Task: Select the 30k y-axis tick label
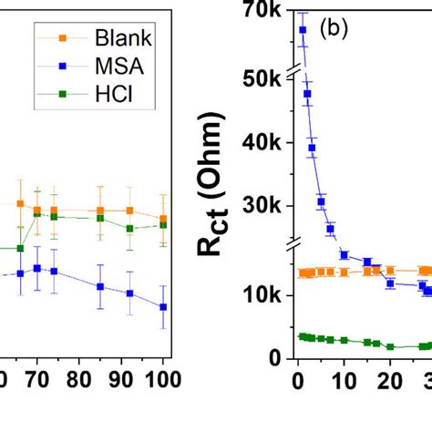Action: (x=264, y=206)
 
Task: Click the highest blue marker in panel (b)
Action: (x=303, y=30)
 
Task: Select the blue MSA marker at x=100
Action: (x=164, y=307)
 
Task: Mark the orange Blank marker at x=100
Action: (x=164, y=219)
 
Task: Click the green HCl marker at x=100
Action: (x=164, y=224)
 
